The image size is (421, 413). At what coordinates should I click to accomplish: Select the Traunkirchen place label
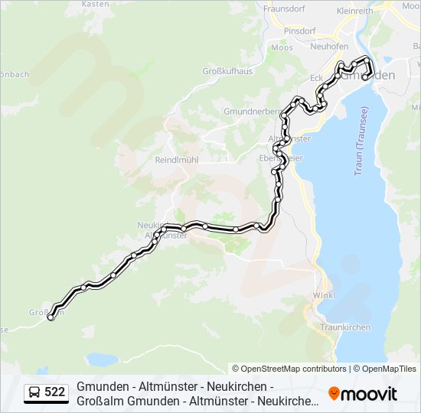[x=345, y=327]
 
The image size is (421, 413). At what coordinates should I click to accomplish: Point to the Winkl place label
[x=324, y=295]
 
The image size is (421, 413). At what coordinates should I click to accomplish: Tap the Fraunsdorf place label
[x=285, y=9]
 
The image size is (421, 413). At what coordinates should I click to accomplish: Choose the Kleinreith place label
[x=354, y=11]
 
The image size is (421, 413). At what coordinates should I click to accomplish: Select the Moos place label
[x=282, y=47]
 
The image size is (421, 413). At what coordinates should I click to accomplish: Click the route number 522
[x=54, y=392]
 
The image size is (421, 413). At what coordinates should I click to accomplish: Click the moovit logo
[x=363, y=394]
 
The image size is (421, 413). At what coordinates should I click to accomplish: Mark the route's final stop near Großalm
[x=51, y=317]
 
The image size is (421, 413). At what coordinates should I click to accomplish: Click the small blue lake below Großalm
[x=101, y=359]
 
